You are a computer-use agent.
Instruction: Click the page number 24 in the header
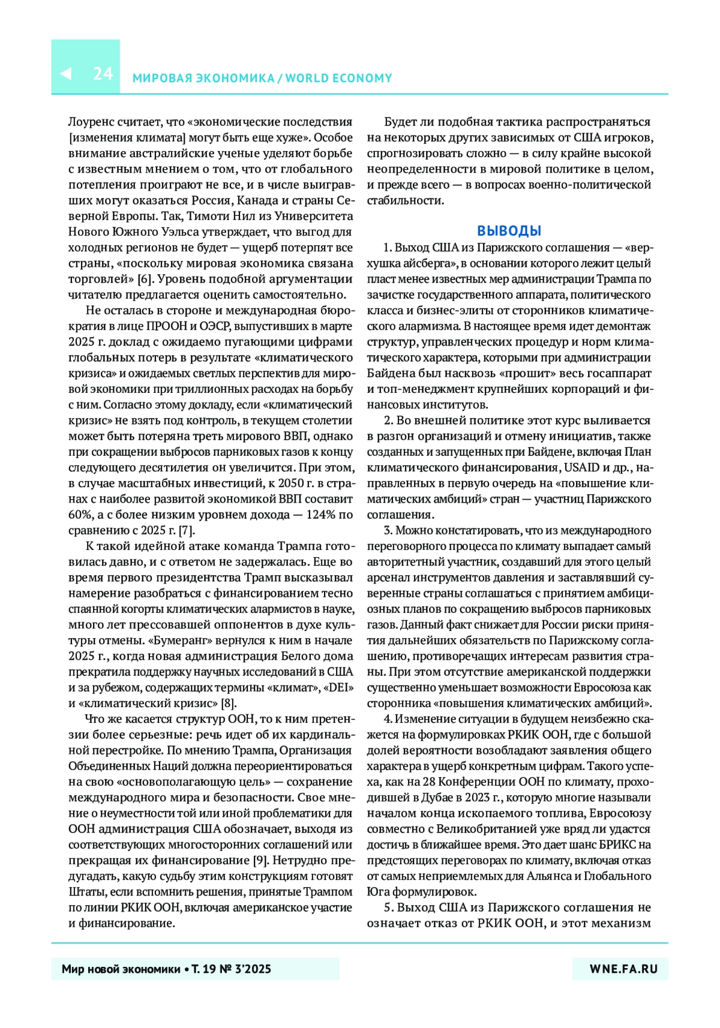tap(103, 74)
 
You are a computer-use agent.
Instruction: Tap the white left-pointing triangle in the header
tap(66, 74)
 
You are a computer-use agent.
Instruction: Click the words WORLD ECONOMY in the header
tap(338, 78)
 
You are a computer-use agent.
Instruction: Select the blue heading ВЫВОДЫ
tap(509, 231)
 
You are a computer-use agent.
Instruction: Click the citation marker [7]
tap(187, 530)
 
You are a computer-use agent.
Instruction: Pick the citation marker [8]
tap(229, 704)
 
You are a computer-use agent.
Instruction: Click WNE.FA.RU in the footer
tap(623, 969)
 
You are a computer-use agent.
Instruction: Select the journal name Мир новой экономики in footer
tap(121, 969)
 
